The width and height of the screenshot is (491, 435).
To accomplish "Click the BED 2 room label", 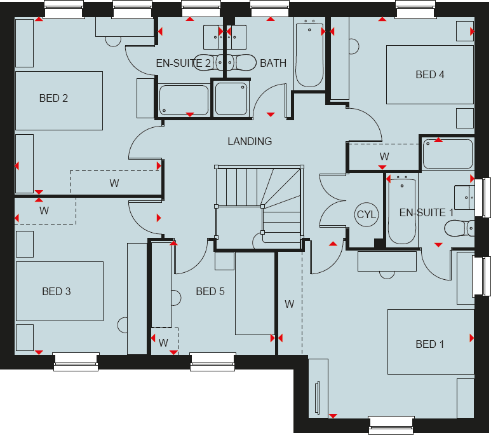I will point(53,98).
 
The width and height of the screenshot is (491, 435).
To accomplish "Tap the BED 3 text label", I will point(57,291).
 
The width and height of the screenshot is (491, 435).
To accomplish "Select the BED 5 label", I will point(210,291).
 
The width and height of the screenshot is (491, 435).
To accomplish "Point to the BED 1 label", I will point(430,344).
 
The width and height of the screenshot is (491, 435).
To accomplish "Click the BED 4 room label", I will point(430,74).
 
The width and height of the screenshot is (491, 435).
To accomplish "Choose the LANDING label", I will point(250,141).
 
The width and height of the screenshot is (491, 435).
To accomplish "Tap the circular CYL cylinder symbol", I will point(367,214).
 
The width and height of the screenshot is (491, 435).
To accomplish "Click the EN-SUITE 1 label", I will point(426,212).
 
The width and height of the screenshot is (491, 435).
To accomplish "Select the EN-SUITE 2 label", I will point(184,63).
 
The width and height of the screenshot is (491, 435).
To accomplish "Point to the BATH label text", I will point(273,63).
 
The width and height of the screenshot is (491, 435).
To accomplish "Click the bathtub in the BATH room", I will point(309,54).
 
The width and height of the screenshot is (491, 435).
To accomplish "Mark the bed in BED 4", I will point(429,74).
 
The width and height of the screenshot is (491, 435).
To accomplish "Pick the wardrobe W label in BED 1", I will point(289,304).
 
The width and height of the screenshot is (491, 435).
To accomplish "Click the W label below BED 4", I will point(384,156).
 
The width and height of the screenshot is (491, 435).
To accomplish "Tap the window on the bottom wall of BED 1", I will point(391,424).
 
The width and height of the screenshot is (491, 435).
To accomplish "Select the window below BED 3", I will point(76,361).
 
